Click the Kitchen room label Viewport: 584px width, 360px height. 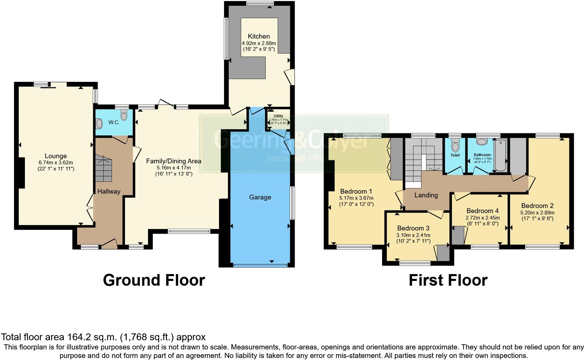259,36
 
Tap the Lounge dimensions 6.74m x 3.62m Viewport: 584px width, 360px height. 55,163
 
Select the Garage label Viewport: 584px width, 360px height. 260,197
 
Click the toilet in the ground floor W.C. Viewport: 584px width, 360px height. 123,116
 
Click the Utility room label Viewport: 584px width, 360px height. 278,116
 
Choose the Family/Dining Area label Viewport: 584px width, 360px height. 174,161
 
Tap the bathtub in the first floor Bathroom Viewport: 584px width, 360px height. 500,155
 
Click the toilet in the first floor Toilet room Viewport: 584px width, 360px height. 455,146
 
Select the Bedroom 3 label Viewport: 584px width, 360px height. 413,228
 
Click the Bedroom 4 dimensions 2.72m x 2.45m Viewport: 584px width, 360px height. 482,218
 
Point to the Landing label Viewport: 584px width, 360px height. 426,195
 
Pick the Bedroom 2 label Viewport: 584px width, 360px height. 537,206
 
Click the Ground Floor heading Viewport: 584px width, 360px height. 154,280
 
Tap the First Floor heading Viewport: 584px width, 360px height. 448,280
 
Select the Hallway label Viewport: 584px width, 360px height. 108,191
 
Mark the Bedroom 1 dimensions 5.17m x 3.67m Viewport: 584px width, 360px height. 356,198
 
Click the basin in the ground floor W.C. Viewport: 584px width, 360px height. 99,123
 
